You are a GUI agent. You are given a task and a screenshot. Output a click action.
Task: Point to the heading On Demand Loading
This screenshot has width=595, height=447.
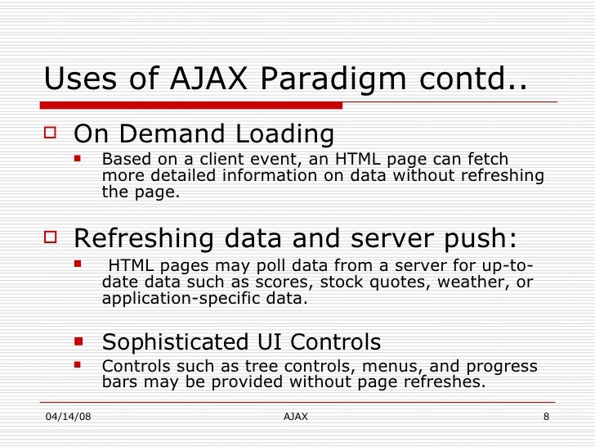pos(204,134)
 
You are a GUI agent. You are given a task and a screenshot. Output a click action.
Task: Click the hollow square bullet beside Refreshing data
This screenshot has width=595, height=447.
pos(52,238)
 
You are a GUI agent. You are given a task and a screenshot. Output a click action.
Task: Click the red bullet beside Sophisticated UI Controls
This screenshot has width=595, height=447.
pos(79,339)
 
